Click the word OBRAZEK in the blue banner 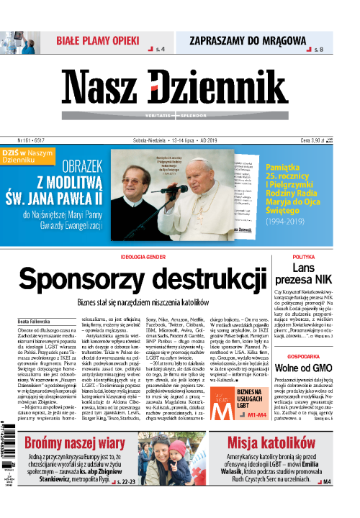coord(88,165)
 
